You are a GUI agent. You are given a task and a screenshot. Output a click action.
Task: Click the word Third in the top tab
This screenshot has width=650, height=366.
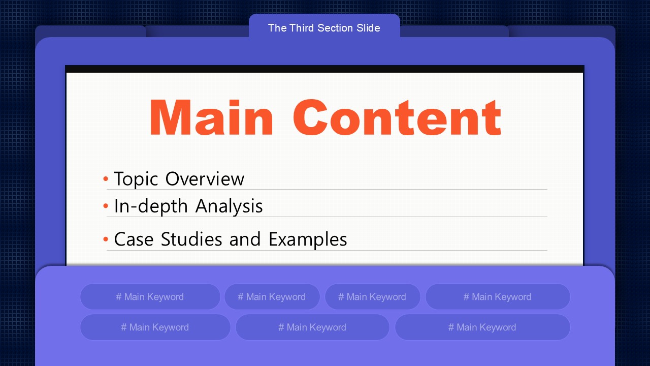[x=302, y=28]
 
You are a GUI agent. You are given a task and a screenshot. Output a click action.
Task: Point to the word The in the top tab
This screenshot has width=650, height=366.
[x=277, y=28]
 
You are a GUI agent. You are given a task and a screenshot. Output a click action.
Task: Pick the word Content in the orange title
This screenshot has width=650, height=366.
[x=397, y=117]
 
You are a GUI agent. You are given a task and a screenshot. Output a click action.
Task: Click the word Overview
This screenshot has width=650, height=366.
[x=205, y=178]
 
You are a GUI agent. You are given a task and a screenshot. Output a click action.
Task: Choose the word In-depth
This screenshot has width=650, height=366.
[x=151, y=206]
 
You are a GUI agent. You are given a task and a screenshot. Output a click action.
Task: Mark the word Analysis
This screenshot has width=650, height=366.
[x=229, y=206]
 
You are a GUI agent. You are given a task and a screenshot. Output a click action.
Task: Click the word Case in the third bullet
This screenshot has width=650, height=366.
[x=134, y=239]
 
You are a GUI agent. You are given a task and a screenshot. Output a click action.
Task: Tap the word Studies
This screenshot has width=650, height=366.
[x=191, y=239]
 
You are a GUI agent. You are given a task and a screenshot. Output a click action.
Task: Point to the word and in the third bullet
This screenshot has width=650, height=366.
[x=245, y=239]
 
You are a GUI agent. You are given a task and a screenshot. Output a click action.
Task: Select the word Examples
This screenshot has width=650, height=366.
[x=308, y=240]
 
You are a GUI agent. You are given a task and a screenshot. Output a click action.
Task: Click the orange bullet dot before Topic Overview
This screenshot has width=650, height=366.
[x=106, y=178]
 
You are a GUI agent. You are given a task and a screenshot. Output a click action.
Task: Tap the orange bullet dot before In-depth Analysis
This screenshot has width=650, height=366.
[x=106, y=206]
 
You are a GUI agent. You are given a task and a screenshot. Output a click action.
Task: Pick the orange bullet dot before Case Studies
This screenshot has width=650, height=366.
[x=106, y=239]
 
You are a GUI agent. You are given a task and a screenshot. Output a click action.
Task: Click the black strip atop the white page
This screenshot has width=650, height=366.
[x=324, y=69]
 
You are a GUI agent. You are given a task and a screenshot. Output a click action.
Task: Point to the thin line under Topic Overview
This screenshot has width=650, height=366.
[x=327, y=190]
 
